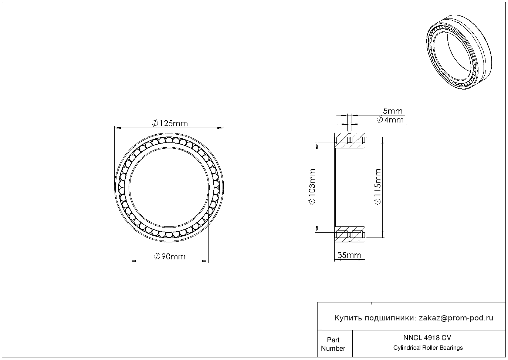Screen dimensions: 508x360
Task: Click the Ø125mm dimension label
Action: point(170,124)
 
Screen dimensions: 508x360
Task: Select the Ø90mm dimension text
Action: point(170,256)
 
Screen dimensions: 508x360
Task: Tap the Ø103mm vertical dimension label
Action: point(312,186)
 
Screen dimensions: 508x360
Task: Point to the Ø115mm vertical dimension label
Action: point(378,186)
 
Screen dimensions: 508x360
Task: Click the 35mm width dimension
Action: point(349,255)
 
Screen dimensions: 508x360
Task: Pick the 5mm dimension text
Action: point(393,111)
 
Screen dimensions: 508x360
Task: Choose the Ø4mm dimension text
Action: point(390,120)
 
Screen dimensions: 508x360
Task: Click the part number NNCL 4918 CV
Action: point(427,338)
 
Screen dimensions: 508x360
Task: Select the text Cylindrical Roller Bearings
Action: point(428,348)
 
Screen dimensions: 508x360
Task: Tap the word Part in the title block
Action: point(333,340)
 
